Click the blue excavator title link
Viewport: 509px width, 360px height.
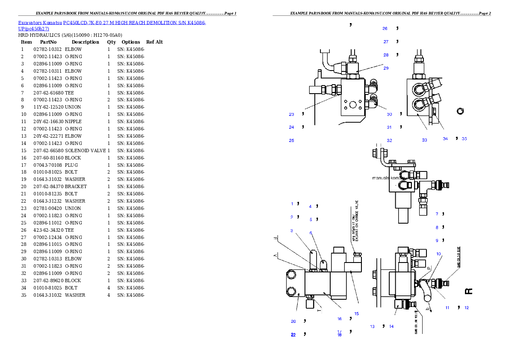112,26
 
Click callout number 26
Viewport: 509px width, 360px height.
385,29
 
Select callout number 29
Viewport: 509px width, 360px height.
386,68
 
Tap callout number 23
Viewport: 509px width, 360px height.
291,115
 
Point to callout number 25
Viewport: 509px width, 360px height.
291,141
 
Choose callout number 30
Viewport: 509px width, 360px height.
389,115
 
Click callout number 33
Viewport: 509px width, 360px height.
424,140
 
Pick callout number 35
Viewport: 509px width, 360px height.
465,139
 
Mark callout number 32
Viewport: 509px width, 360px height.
389,141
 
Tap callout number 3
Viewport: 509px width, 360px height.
292,231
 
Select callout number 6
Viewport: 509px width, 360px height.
311,233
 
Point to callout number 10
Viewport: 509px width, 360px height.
438,254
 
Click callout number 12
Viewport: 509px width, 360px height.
467,308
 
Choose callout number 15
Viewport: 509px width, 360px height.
356,314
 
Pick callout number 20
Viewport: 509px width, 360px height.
293,322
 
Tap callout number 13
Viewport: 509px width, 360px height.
372,327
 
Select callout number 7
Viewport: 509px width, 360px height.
437,214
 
